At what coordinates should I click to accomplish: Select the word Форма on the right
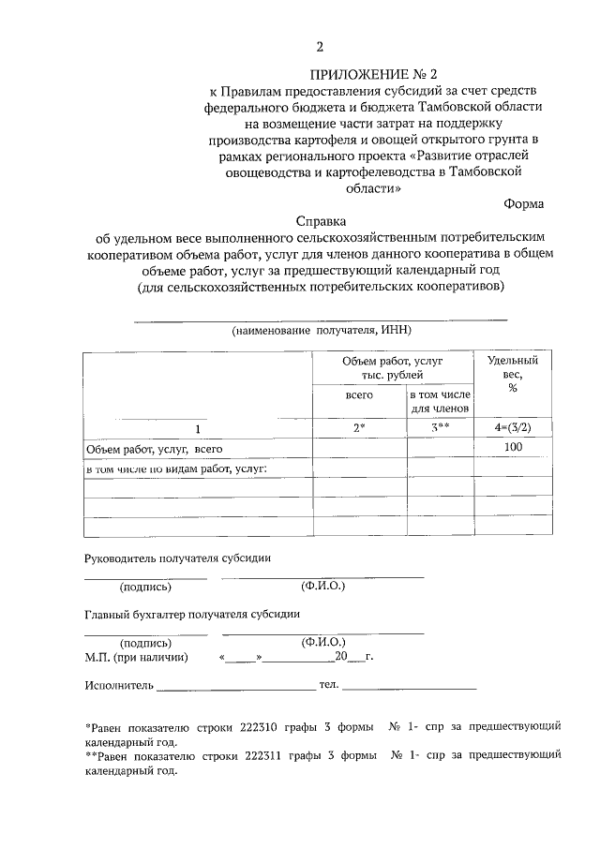click(x=522, y=202)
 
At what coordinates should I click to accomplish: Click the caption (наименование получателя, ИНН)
click(x=322, y=331)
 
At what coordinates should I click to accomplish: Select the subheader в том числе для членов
click(x=440, y=402)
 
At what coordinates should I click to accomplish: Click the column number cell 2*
click(x=359, y=428)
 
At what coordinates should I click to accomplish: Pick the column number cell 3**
click(x=440, y=428)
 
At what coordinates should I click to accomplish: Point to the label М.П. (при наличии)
click(x=136, y=657)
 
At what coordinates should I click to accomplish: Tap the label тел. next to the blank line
click(x=329, y=686)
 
